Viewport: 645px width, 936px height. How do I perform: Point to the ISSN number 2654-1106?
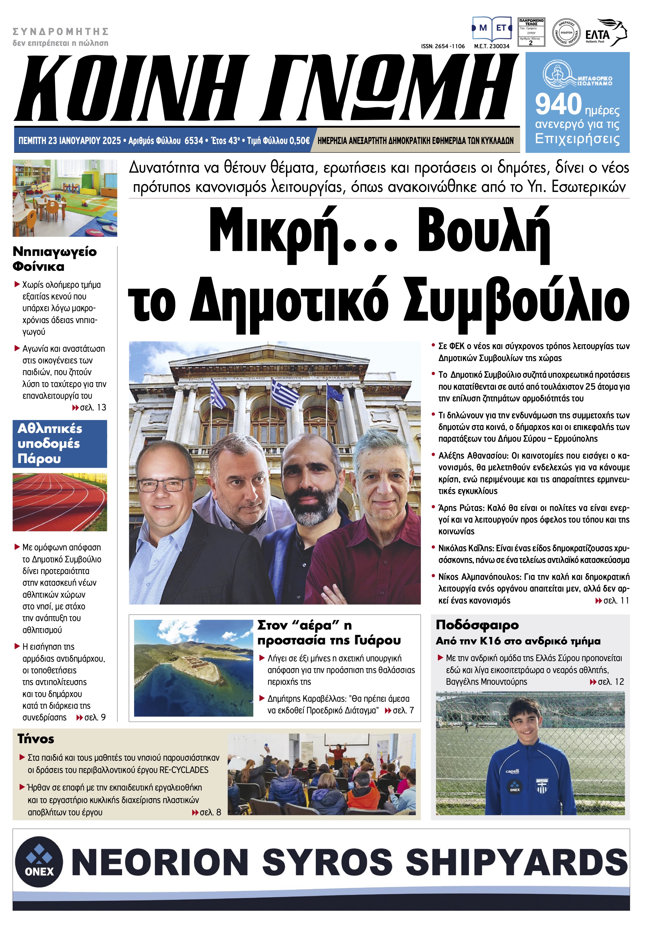[x=443, y=46]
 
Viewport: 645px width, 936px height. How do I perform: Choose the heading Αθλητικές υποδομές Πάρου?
[x=49, y=443]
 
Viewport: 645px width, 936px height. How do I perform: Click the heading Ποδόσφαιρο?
[x=477, y=625]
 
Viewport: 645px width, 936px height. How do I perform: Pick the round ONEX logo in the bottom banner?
[x=39, y=861]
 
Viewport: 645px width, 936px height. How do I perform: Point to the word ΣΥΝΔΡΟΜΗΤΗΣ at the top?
[x=61, y=32]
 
